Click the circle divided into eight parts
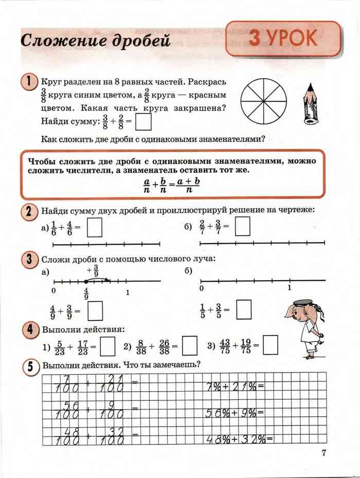point(264,98)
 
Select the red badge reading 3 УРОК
point(283,39)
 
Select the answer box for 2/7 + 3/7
point(243,226)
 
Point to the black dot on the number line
point(85,281)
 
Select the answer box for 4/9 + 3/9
point(96,310)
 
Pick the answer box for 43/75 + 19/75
point(270,345)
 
